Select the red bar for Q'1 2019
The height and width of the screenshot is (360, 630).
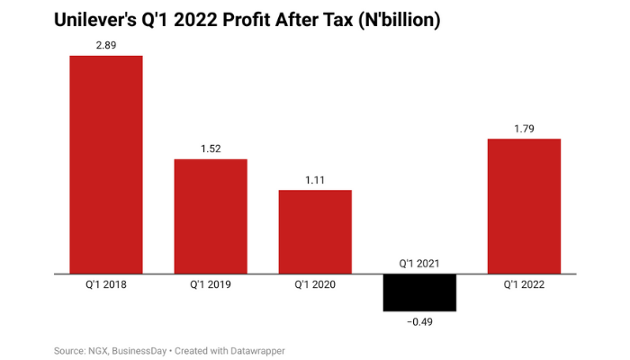(211, 216)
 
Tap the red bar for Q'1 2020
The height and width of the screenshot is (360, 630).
(315, 231)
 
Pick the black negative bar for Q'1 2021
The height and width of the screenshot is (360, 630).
(419, 292)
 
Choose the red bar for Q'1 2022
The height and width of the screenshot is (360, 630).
(524, 206)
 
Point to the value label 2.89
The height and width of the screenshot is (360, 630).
(106, 43)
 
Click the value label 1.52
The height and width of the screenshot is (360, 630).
(211, 147)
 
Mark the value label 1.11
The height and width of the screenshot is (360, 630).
(315, 178)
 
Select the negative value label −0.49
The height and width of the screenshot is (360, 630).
(419, 321)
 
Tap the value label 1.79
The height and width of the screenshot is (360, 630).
(524, 127)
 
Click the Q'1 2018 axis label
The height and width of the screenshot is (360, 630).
(106, 285)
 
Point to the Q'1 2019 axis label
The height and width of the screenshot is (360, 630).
(211, 285)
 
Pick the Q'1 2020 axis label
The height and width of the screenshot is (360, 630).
(315, 285)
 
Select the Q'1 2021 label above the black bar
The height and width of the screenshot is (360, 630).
(419, 262)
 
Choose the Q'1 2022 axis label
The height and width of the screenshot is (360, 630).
(524, 285)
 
